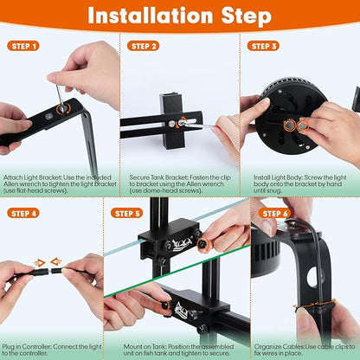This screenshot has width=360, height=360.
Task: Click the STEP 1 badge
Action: (x=23, y=46)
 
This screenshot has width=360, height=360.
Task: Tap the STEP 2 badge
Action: (x=143, y=46)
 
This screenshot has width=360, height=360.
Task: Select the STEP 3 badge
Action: (x=263, y=46)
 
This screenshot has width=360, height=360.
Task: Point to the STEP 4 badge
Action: (x=23, y=212)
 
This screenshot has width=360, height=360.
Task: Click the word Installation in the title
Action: (x=149, y=16)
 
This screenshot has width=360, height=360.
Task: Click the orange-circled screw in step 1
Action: (x=61, y=109)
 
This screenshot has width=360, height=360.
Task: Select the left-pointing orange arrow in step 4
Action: (x=55, y=261)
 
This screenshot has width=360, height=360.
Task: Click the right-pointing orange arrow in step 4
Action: (x=38, y=261)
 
